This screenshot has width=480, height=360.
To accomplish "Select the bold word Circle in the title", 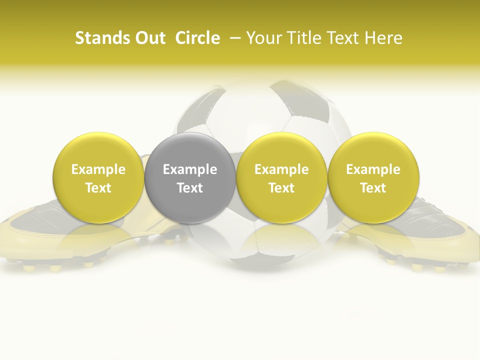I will click(197, 38).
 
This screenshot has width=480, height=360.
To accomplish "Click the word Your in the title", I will click(263, 38).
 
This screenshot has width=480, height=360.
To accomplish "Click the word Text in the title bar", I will click(342, 38).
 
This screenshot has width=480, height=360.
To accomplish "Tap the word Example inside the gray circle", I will click(190, 169).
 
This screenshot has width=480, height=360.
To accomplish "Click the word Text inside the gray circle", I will click(190, 188).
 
